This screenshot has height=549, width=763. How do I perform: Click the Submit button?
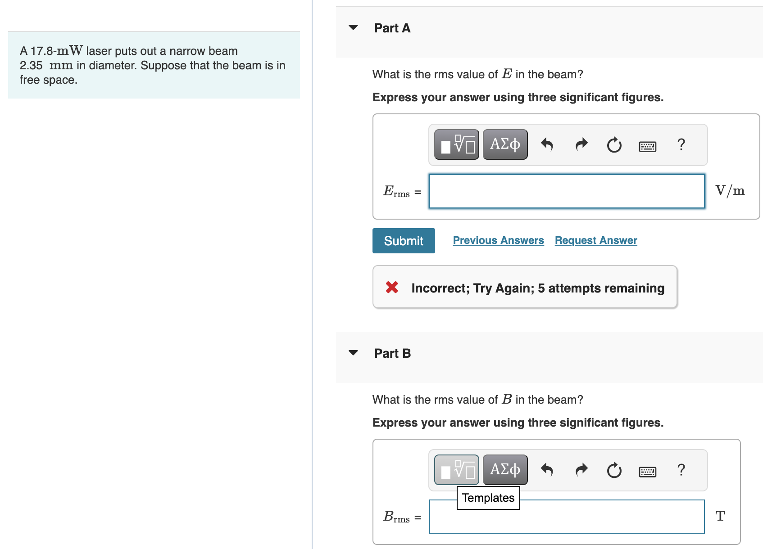pos(403,241)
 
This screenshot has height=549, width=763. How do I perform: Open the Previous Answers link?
pos(498,240)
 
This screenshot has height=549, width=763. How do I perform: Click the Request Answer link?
pos(596,240)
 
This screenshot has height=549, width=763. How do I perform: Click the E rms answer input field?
pos(567,191)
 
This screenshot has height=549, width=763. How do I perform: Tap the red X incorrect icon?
pos(392,287)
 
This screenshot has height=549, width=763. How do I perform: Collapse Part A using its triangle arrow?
pos(353,27)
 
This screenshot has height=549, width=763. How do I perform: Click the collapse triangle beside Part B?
pos(353,353)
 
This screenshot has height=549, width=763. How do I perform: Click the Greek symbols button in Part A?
pos(505,144)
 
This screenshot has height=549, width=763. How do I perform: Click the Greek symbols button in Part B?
pos(505,470)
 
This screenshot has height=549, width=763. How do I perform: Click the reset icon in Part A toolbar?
pos(614,145)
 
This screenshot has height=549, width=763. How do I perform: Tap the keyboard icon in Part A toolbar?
pos(647,146)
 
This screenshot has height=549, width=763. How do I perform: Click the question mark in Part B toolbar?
pos(681,470)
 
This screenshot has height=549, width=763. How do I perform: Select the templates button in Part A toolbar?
pos(456,144)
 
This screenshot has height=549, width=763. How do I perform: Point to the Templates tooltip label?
pos(488,498)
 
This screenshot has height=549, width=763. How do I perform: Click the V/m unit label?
pos(730,191)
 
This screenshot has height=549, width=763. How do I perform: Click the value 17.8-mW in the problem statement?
pos(57,51)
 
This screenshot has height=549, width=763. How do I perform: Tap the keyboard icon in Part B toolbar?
pos(647,472)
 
